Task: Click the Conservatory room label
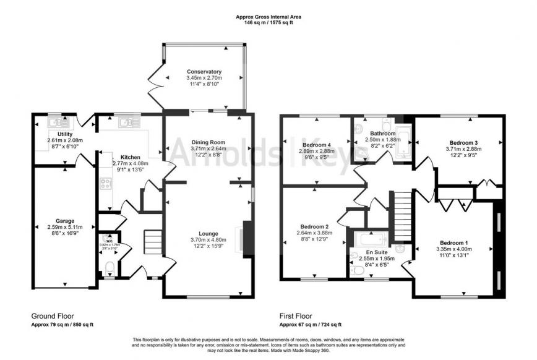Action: pos(204,71)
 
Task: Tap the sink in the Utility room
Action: pos(55,122)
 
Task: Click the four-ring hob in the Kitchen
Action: pos(106,184)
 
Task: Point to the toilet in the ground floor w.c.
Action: pos(109,267)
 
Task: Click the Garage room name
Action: pos(64,221)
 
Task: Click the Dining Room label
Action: pos(207,142)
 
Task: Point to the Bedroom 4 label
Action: pos(316,144)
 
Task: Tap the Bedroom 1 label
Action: pos(454,242)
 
